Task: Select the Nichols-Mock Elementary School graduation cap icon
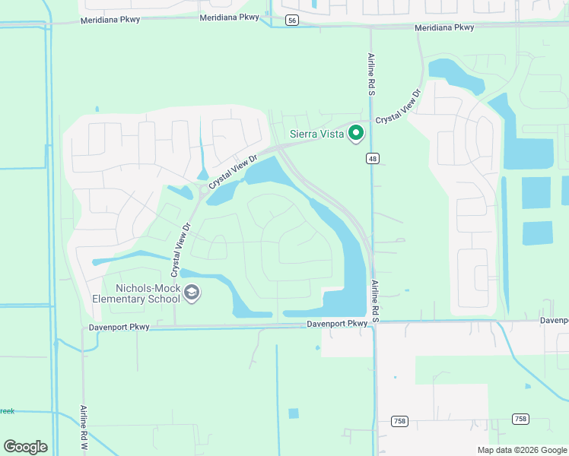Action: tap(192, 293)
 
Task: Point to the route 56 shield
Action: tap(292, 21)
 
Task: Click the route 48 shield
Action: tap(371, 158)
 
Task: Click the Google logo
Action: tap(25, 447)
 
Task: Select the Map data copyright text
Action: tap(522, 450)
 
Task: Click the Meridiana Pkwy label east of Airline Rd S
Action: tap(444, 27)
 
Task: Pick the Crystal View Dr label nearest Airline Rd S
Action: tap(399, 107)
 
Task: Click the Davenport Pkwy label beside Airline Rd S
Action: tap(337, 324)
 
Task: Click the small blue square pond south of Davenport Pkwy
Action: tap(294, 413)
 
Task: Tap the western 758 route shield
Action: tap(399, 420)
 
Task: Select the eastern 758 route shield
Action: tap(520, 419)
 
